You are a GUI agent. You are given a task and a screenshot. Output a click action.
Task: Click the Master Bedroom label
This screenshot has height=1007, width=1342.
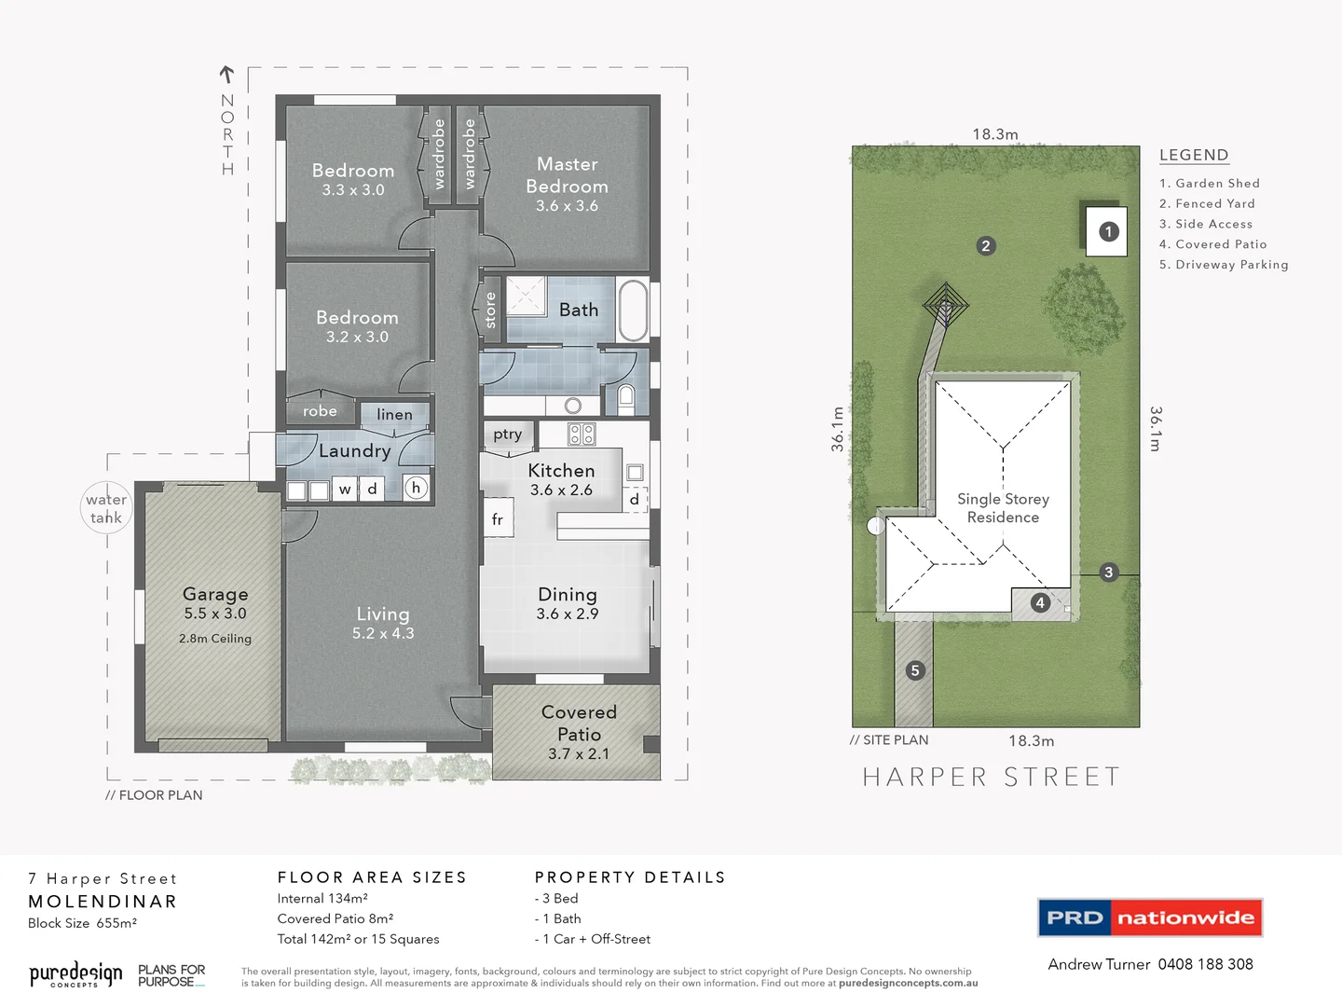point(567,175)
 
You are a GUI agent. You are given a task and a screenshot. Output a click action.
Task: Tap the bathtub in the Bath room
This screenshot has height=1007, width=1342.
point(633,310)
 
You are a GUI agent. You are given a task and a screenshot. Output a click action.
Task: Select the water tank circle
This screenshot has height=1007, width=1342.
point(106,508)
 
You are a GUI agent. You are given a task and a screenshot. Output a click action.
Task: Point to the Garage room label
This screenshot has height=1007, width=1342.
point(215,594)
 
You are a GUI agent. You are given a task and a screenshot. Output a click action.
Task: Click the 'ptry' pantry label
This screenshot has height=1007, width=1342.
point(508,434)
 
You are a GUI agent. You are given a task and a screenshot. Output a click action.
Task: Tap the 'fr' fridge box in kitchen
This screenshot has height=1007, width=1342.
point(498,519)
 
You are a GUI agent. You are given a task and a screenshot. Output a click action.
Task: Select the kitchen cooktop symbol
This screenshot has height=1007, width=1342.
point(582,434)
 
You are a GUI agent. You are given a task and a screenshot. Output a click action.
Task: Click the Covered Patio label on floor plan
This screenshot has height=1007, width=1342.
point(579,724)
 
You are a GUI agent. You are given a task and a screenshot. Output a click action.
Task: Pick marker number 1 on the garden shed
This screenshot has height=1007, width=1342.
point(1108,231)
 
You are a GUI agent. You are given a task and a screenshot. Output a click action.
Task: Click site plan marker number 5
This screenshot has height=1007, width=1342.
point(915,670)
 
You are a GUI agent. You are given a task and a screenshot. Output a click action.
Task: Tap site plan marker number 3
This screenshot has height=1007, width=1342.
point(1108,572)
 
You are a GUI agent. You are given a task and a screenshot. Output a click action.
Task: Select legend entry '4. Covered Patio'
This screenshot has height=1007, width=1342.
point(1212,244)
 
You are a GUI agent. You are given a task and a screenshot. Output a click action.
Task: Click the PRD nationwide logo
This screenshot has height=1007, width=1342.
point(1150,917)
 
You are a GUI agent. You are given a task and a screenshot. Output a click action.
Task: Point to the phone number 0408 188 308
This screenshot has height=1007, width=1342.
point(1205,964)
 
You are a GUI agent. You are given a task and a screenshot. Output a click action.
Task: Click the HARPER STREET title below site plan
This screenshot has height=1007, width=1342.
point(992,777)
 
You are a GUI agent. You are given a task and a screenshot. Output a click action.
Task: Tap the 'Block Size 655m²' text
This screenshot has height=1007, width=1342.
point(83,923)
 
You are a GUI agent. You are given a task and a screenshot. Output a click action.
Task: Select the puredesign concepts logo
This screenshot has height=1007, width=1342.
point(75,975)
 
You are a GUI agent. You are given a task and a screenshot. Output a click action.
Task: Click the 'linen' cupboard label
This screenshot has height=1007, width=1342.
point(394,415)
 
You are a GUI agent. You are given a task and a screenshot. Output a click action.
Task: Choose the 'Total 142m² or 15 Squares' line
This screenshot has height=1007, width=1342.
point(358,939)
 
